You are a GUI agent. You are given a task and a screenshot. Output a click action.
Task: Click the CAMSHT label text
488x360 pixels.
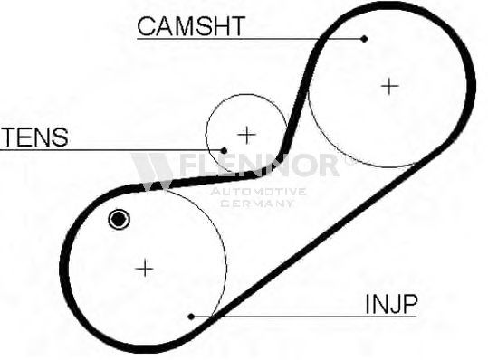pos(191,26)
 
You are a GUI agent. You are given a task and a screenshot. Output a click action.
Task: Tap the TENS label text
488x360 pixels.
pos(34,137)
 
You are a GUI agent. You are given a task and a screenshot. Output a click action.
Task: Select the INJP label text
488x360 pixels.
pos(391,304)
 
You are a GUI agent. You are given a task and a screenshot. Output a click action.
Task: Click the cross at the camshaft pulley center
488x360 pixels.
pos(389,86)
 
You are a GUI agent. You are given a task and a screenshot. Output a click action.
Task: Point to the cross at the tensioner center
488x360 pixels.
pos(246,135)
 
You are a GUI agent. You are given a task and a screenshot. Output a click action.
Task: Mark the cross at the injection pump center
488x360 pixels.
pos(145,269)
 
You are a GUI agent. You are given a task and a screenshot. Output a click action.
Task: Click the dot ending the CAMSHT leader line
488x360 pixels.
pos(365,39)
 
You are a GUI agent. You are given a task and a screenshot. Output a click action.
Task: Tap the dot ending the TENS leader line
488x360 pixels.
pos(224,151)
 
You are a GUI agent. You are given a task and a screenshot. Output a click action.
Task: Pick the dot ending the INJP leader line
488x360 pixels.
pos(191,317)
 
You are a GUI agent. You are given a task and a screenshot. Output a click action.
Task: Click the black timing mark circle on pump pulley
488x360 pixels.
pos(119,220)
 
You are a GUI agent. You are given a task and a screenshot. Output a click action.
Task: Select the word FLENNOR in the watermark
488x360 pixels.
pos(259,166)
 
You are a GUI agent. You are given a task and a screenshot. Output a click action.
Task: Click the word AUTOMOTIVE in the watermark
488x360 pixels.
pos(258,192)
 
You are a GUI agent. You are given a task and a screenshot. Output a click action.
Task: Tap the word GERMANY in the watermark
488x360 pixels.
pos(257,204)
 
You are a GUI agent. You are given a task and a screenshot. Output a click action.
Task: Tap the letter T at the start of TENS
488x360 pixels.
pos(9,137)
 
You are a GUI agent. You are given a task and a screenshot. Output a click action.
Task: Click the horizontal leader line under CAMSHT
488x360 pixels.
pos(251,39)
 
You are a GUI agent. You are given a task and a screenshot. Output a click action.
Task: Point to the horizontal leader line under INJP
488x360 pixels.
pos(304,317)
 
